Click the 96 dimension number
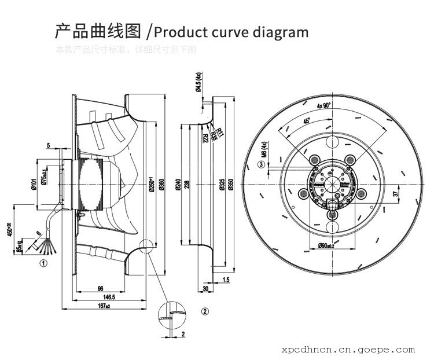click(100, 288)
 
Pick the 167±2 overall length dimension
click(105, 305)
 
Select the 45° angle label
click(307, 122)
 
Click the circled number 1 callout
click(43, 262)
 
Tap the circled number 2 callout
click(204, 311)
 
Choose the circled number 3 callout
click(262, 164)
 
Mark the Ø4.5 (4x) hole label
click(198, 84)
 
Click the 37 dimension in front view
click(396, 194)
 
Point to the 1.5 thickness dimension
click(226, 280)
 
